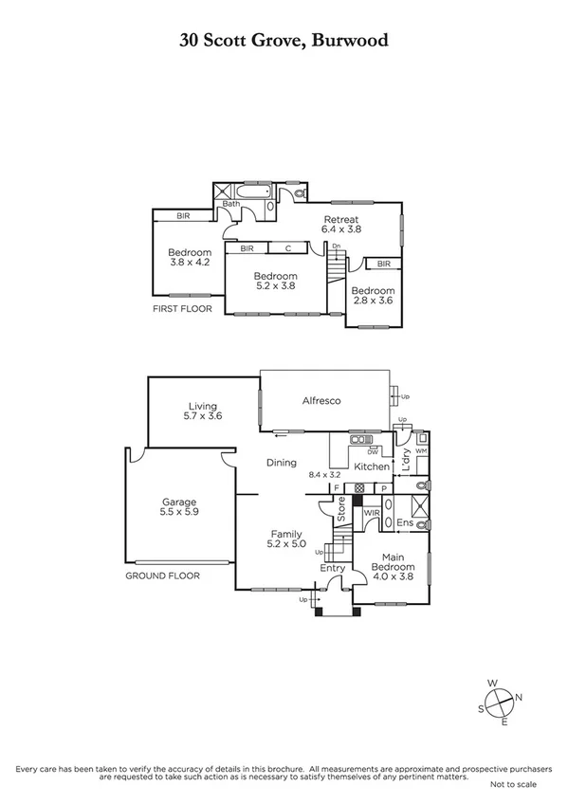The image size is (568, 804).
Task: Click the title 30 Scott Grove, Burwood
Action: [284, 40]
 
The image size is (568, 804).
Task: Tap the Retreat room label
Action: [340, 223]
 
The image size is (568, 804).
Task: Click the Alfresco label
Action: [321, 401]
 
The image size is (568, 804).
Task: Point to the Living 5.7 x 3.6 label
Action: [202, 410]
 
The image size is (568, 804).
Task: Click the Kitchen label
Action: [371, 466]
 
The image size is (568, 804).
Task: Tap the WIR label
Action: [372, 512]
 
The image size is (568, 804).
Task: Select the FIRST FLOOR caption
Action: [182, 309]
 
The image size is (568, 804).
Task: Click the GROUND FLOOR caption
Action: [163, 576]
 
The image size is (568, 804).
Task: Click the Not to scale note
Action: [513, 785]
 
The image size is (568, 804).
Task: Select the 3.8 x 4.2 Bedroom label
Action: [190, 258]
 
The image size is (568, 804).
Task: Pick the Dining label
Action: [282, 463]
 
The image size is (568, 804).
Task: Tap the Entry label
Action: [332, 568]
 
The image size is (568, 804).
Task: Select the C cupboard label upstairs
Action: [286, 248]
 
